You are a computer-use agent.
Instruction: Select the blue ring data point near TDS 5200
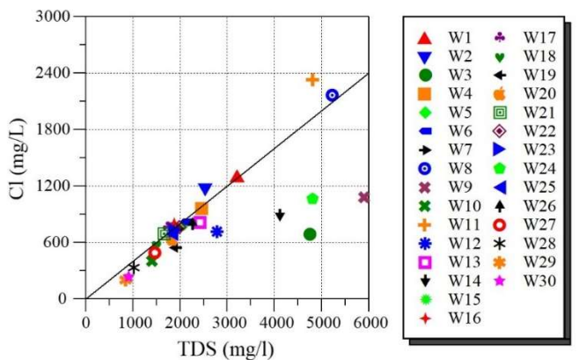(x=332, y=94)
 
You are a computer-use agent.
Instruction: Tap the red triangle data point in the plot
(x=237, y=176)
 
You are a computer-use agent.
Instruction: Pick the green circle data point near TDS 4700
(x=310, y=234)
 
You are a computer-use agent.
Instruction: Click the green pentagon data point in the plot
(x=312, y=198)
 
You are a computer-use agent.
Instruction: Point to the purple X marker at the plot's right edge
(x=364, y=197)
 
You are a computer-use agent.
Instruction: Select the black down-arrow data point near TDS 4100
(x=280, y=215)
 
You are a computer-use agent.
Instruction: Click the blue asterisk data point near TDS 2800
(x=216, y=231)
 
